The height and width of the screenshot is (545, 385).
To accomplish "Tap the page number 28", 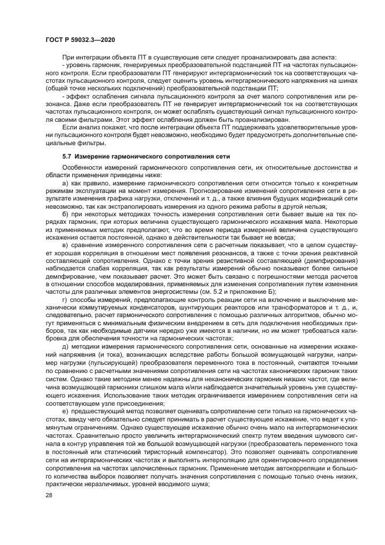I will pos(48,494).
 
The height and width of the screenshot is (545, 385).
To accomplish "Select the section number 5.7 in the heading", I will pos(66,157).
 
